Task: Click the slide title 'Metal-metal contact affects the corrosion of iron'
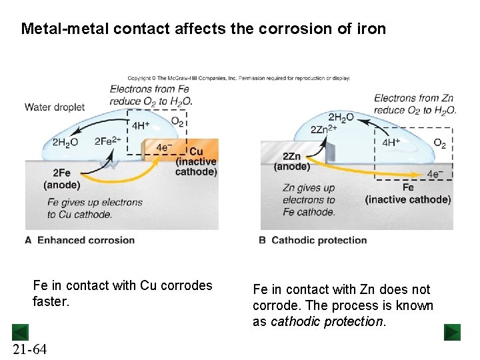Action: point(203,29)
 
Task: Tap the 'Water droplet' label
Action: point(55,107)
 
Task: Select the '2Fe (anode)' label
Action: point(61,179)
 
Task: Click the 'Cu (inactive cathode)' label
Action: point(196,162)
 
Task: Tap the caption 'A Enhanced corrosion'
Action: point(80,240)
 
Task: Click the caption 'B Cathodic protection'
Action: point(313,240)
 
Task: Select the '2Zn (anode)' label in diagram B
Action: point(291,161)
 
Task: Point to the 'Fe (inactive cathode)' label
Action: point(407,193)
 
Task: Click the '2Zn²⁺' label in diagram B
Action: point(324,129)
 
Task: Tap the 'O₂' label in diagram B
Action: point(440,143)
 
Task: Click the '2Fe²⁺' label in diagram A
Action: point(108,141)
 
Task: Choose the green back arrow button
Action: point(20,331)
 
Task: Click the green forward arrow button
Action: point(452,332)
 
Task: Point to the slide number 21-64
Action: point(29,349)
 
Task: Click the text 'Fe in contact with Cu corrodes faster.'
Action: point(122,293)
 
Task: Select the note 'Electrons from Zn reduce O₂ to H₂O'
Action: point(414,104)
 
